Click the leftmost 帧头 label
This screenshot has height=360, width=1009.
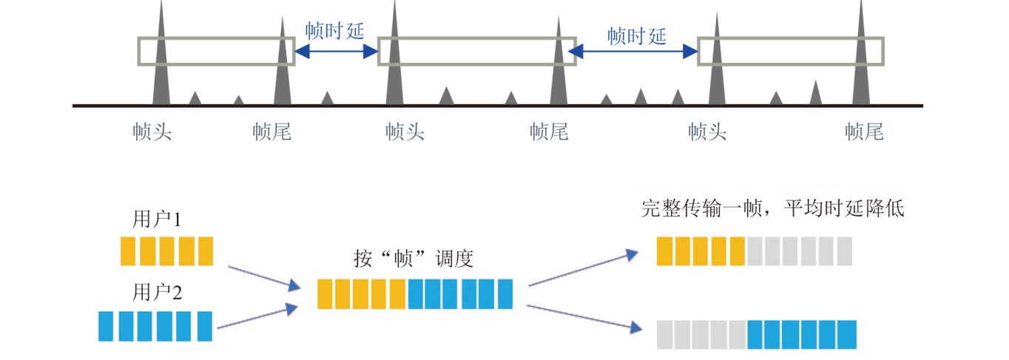tap(152, 132)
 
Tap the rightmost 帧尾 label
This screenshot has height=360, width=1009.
tap(864, 132)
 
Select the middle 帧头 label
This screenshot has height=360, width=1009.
tap(405, 132)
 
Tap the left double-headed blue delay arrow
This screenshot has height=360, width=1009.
tap(337, 51)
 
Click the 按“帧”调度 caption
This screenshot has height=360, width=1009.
tap(414, 259)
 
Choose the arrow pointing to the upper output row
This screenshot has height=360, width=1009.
tap(583, 267)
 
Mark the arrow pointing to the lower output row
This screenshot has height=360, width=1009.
tap(583, 316)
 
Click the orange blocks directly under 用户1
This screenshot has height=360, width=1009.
tap(166, 251)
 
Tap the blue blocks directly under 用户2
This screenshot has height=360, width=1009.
tap(155, 326)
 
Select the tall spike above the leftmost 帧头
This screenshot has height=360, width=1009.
tap(161, 59)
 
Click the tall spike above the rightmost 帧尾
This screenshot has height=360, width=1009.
tap(860, 59)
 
